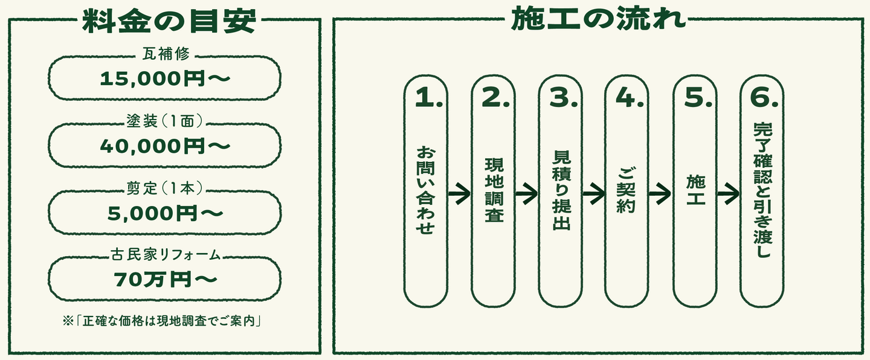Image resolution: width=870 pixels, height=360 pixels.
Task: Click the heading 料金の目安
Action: coord(169,21)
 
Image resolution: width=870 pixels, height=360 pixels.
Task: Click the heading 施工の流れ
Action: coord(598,19)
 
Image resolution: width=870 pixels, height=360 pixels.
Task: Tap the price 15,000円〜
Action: coord(165,79)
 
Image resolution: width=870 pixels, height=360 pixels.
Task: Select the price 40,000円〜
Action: coord(165,146)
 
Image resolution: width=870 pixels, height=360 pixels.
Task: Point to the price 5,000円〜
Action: coord(165,213)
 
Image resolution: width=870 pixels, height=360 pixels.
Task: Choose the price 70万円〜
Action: coord(165,280)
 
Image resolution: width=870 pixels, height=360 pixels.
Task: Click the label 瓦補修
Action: coord(166,54)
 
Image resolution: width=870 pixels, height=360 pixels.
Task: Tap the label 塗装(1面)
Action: coord(165,121)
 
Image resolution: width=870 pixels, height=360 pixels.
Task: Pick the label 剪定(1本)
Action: coord(165,188)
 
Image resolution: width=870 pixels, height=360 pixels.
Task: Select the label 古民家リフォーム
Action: coord(166,255)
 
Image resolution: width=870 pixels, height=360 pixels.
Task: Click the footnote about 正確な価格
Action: coord(161,321)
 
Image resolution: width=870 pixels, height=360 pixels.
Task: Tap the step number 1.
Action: coord(429,97)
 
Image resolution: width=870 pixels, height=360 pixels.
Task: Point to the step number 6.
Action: coord(764,97)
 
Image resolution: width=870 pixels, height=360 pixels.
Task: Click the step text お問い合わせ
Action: coord(425,190)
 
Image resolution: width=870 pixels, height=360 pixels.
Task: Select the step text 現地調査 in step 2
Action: coord(494,190)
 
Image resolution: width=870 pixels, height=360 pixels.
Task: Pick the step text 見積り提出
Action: coord(561,190)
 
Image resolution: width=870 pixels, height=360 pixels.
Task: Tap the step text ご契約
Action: coord(626,190)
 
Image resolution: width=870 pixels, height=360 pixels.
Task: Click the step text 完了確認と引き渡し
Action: coord(763,190)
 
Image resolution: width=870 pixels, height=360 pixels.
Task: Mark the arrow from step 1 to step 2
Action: coord(459,193)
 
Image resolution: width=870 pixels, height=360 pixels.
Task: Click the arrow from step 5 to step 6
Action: coord(728,193)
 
